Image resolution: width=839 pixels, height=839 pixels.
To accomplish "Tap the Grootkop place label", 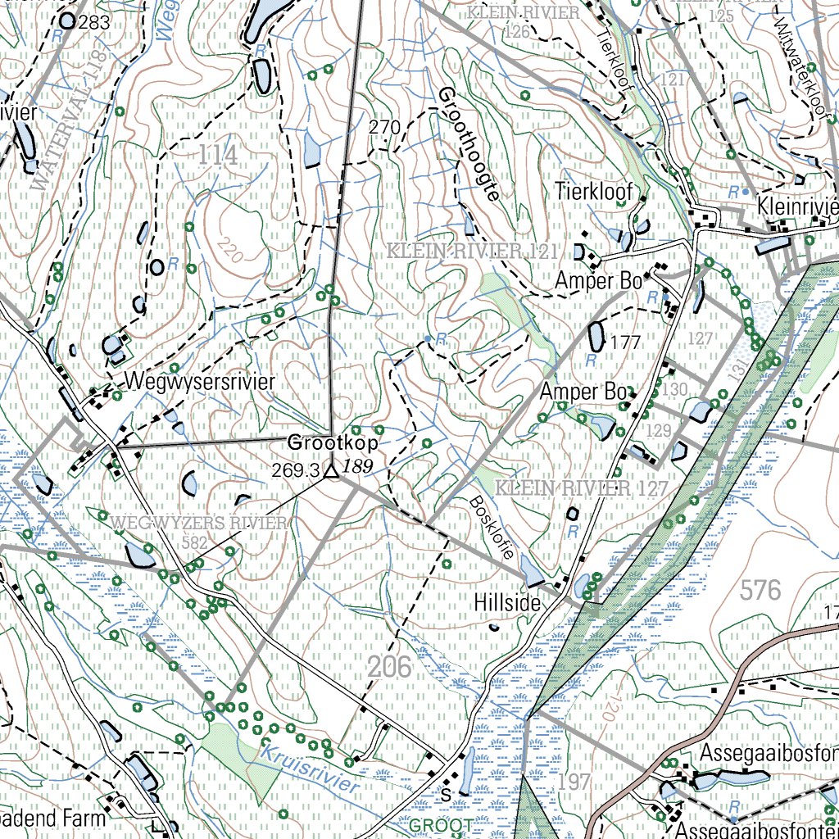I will pyautogui.click(x=333, y=443).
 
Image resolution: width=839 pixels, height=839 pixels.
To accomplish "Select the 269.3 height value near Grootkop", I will pyautogui.click(x=297, y=470).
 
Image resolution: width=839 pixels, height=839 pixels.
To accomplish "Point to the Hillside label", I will pyautogui.click(x=507, y=603).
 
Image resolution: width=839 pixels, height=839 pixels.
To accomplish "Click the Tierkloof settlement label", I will pyautogui.click(x=594, y=191).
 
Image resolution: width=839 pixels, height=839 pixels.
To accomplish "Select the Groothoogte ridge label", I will pyautogui.click(x=469, y=144).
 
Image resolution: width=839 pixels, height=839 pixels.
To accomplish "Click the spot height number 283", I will pyautogui.click(x=94, y=23).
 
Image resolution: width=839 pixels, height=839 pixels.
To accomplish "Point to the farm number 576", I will pyautogui.click(x=760, y=589).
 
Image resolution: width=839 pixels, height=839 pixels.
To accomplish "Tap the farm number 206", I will pyautogui.click(x=389, y=667).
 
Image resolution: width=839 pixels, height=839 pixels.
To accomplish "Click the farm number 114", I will pyautogui.click(x=217, y=155).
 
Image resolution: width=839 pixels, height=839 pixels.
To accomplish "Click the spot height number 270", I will pyautogui.click(x=384, y=127).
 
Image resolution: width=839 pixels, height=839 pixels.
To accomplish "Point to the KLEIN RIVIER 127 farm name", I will pyautogui.click(x=584, y=489).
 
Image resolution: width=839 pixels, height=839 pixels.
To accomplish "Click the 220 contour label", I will pyautogui.click(x=232, y=251).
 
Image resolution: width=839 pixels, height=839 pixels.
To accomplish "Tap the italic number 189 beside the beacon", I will pyautogui.click(x=356, y=466).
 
